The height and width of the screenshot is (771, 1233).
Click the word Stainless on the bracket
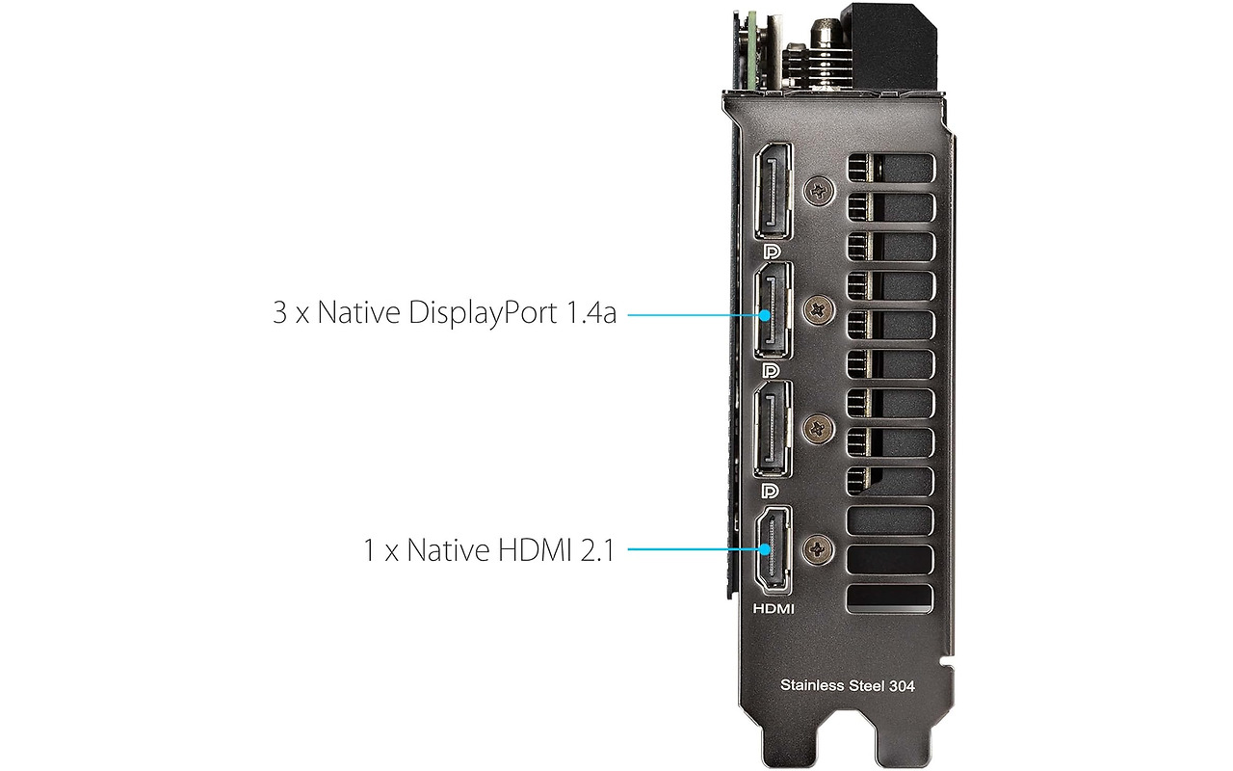[x=812, y=685]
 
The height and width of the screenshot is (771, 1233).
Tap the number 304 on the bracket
[x=902, y=686]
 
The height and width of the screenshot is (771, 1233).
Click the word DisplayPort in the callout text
[x=483, y=313]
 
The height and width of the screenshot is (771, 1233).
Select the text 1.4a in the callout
[x=591, y=313]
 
